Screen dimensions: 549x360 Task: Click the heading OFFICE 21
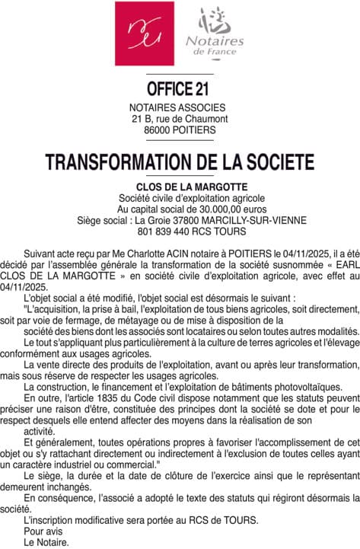point(180,88)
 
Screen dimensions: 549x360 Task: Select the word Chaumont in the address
point(206,120)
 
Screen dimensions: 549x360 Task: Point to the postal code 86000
point(158,130)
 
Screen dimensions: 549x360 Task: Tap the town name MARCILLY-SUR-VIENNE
point(250,220)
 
